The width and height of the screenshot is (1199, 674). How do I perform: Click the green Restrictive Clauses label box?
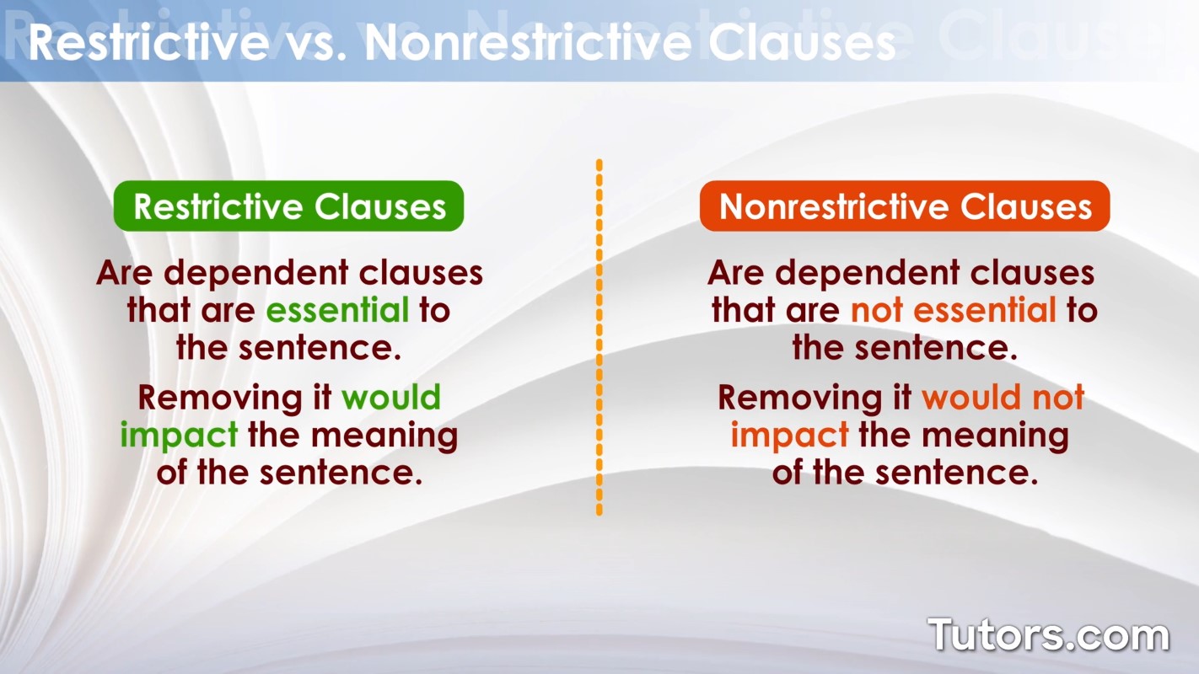[x=289, y=206]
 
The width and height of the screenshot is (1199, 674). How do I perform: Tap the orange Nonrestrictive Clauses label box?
[x=905, y=206]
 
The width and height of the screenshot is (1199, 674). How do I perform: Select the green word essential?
[x=337, y=311]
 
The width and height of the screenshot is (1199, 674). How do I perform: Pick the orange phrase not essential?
[x=953, y=311]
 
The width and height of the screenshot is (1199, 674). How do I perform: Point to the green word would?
[x=390, y=398]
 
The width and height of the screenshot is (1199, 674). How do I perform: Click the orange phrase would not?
[x=1003, y=398]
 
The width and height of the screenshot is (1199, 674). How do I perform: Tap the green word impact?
[x=179, y=436]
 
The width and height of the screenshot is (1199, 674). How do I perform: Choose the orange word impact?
[x=789, y=436]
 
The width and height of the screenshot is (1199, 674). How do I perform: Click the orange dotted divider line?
[x=599, y=337]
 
